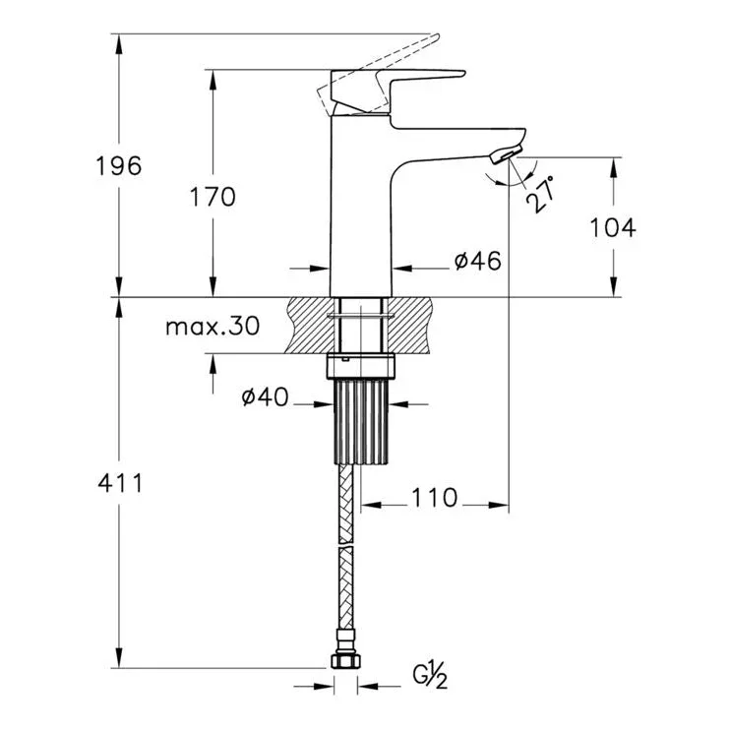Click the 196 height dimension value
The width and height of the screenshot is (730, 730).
tap(118, 166)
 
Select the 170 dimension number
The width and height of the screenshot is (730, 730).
tap(213, 197)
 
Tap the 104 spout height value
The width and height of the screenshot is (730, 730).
tap(612, 227)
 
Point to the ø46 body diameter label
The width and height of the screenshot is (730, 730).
tap(478, 261)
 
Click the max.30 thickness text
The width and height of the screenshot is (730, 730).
tap(213, 327)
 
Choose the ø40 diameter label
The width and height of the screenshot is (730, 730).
tap(266, 397)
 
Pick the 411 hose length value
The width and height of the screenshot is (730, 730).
tap(120, 483)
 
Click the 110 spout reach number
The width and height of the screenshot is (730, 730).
tap(435, 498)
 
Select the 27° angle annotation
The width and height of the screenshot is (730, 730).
tap(540, 195)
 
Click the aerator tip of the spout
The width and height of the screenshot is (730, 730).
tap(506, 154)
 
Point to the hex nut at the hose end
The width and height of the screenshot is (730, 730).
tap(345, 661)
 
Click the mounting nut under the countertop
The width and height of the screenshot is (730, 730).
tap(361, 366)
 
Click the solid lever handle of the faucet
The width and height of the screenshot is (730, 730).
tap(398, 91)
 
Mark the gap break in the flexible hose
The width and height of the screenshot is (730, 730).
tap(345, 545)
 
